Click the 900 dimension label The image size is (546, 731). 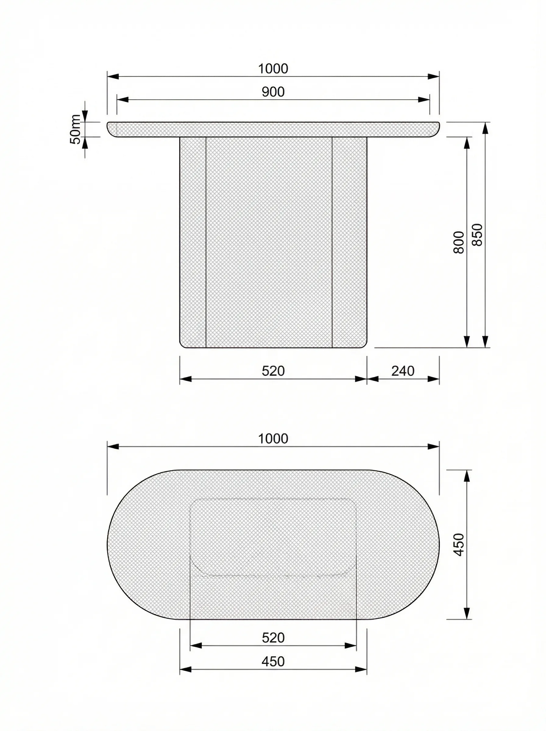273,92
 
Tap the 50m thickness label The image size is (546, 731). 76,129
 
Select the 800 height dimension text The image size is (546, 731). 459,242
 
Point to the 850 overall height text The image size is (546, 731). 477,235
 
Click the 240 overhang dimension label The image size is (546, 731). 403,371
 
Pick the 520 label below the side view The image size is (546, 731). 273,371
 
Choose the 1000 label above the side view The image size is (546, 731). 273,69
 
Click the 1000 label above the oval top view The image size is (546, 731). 273,439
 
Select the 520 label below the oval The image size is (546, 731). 273,638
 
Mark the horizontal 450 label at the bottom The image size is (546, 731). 273,662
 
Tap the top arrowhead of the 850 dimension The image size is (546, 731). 485,128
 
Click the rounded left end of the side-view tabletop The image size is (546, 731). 111,129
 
